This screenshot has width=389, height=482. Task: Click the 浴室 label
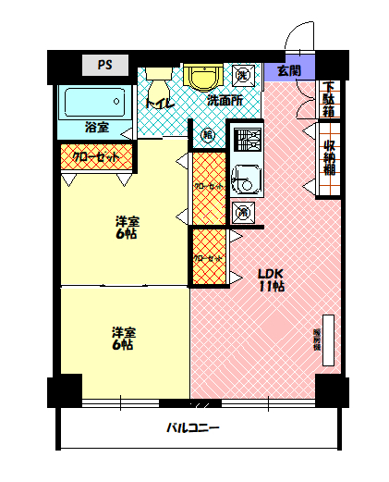96,126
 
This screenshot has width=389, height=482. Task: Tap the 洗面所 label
225,100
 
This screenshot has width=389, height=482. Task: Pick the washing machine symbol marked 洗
243,74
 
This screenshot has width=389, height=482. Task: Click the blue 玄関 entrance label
288,70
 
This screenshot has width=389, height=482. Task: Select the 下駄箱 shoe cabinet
329,99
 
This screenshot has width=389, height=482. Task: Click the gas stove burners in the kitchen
247,140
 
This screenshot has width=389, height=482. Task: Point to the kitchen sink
244,177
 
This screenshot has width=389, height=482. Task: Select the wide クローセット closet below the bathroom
96,157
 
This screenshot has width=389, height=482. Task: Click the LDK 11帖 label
270,279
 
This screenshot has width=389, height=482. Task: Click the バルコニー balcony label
193,428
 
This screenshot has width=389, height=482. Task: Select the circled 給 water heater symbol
208,135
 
